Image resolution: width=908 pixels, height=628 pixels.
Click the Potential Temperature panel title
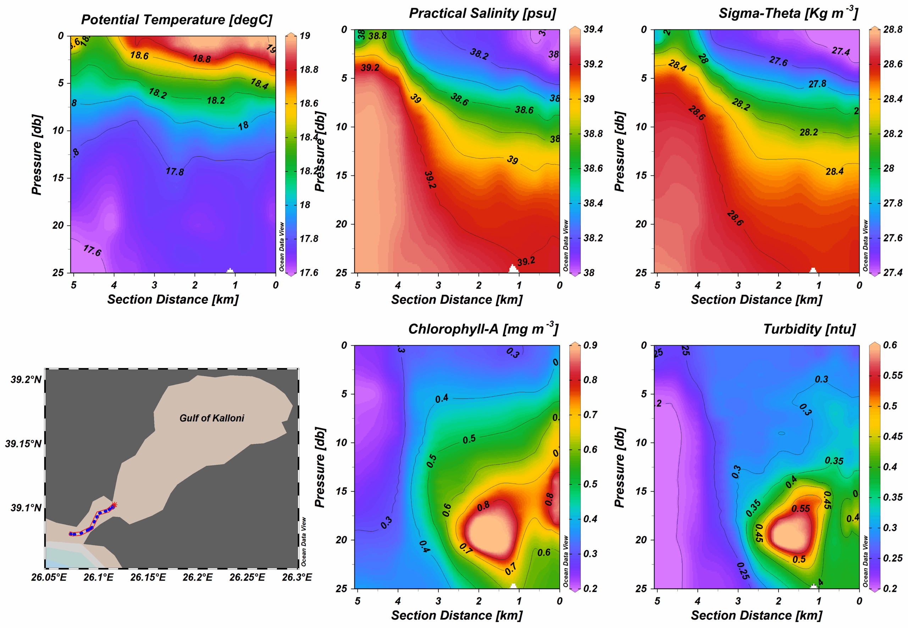[177, 20]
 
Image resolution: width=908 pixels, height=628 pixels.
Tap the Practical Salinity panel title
[482, 13]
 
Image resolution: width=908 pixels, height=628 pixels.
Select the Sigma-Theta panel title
[788, 13]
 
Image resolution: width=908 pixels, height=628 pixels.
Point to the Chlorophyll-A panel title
[483, 329]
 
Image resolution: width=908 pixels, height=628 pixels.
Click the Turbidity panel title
[809, 329]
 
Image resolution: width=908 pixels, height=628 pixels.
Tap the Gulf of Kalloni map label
[211, 418]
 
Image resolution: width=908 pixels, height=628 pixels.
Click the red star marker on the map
[114, 504]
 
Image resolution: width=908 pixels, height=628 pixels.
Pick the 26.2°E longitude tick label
[198, 577]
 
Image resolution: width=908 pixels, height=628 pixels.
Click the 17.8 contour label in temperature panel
[175, 171]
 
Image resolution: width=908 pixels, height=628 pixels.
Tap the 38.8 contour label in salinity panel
[377, 36]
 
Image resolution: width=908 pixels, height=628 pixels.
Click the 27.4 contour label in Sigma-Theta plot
[840, 51]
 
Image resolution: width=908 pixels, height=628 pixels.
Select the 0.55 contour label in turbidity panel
[800, 509]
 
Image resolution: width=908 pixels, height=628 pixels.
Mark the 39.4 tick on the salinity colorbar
[593, 29]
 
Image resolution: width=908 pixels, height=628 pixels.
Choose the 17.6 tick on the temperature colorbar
[309, 273]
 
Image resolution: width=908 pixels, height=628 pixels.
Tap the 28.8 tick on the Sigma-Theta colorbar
[892, 29]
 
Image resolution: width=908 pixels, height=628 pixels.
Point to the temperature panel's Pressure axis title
[37, 155]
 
